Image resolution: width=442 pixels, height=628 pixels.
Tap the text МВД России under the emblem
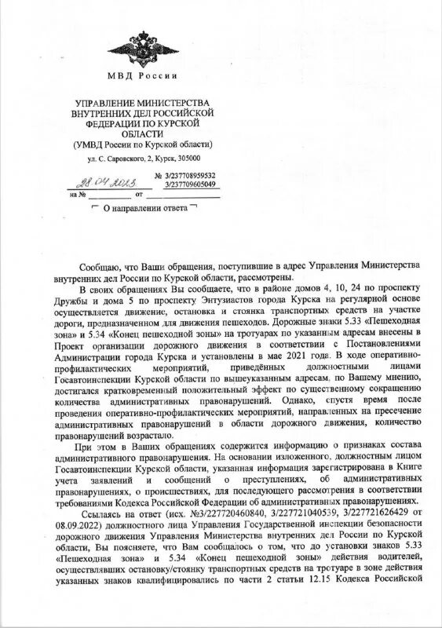[142, 75]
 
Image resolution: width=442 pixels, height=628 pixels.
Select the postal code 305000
[186, 158]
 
